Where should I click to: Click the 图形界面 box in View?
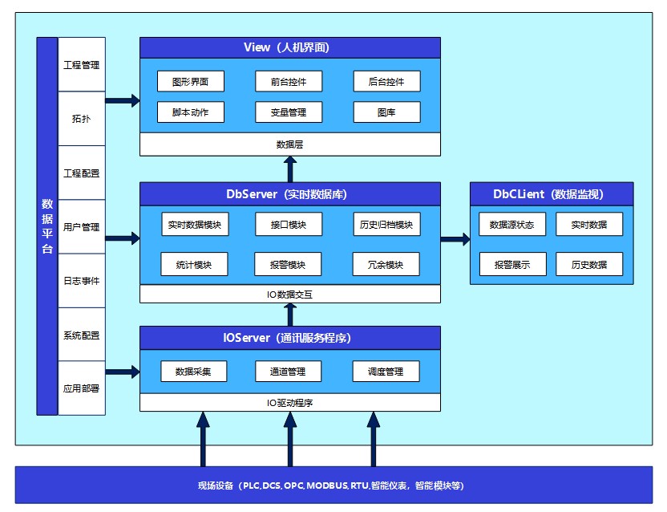click(191, 81)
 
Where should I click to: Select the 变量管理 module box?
click(289, 112)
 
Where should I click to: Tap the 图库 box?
click(386, 112)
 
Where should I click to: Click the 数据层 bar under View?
click(290, 144)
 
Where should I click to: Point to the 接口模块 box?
click(289, 225)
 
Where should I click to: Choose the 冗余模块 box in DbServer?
click(386, 265)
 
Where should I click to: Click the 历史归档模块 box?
click(386, 225)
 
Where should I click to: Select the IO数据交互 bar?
click(290, 294)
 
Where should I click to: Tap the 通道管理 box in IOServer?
click(288, 372)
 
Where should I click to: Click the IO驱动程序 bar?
click(290, 403)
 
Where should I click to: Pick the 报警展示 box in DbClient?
click(512, 265)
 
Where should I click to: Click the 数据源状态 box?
click(512, 225)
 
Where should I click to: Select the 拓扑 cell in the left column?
click(81, 119)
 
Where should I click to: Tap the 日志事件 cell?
click(81, 281)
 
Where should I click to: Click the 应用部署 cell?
click(81, 388)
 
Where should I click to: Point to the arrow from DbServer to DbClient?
click(455, 239)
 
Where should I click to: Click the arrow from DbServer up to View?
click(290, 169)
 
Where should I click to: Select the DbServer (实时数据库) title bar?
click(290, 194)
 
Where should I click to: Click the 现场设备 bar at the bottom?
click(333, 486)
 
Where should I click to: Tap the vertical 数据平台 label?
click(47, 226)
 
